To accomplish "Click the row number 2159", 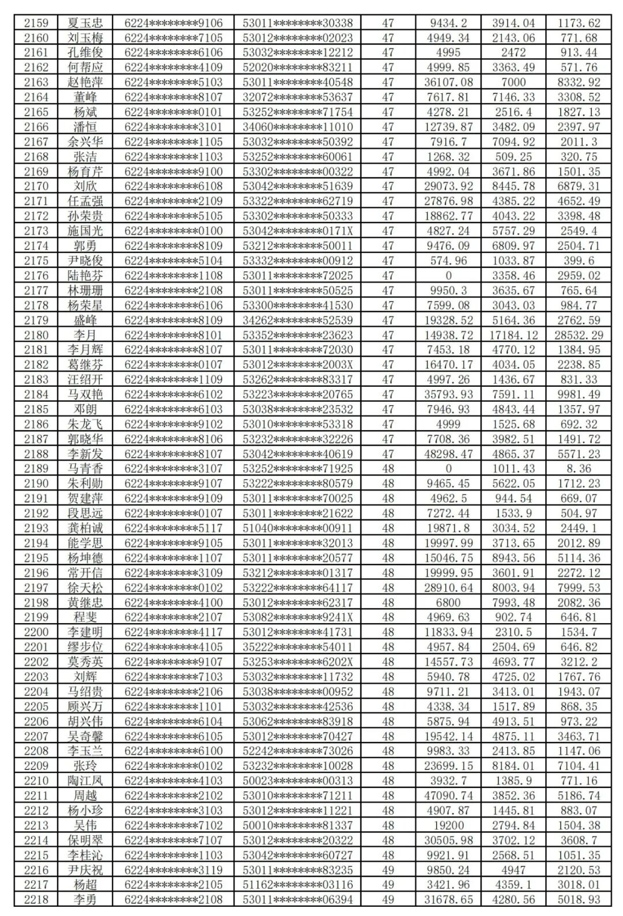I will coord(36,23).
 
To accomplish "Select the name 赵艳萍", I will coord(85,82).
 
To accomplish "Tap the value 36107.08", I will coord(448,82).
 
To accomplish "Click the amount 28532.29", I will coord(579,335).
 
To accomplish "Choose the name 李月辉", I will coord(85,350).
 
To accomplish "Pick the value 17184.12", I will coord(513,335).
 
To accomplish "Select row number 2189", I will coord(36,469).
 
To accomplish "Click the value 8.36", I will coord(579,469).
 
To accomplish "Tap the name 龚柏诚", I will coord(85,528).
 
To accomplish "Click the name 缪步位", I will coord(85,647).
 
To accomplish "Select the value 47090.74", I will coord(448,796).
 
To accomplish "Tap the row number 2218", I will coord(36,899).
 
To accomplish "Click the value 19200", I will coord(448,825).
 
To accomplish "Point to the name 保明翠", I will coord(85,840).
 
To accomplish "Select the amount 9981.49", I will coord(579,394).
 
